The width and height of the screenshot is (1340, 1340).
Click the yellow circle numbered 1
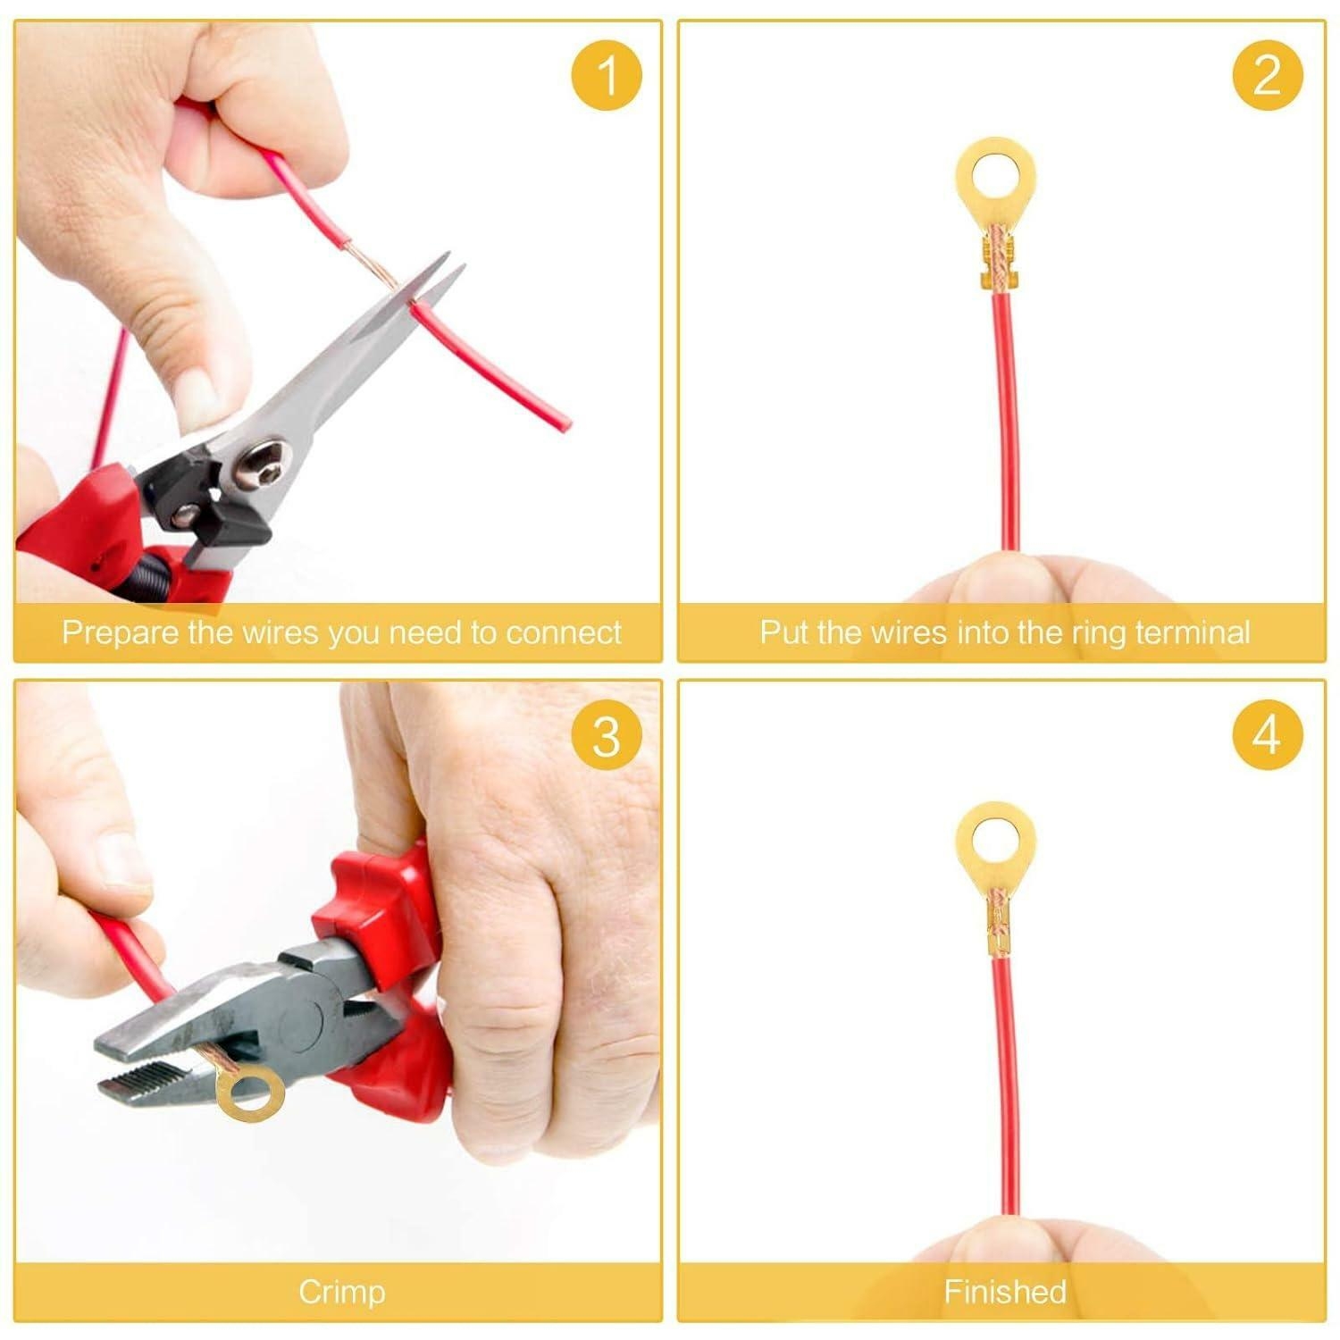pos(607,76)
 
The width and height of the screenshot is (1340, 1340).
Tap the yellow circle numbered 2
pos(1267,76)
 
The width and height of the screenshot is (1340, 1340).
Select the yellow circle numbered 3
pos(607,737)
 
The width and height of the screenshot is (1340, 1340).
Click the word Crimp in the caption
pos(341,1292)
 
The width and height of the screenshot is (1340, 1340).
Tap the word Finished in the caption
pos(1005,1292)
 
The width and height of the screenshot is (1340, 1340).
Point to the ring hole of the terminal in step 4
pos(995,838)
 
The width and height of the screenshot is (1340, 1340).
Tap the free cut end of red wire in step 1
pos(560,423)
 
